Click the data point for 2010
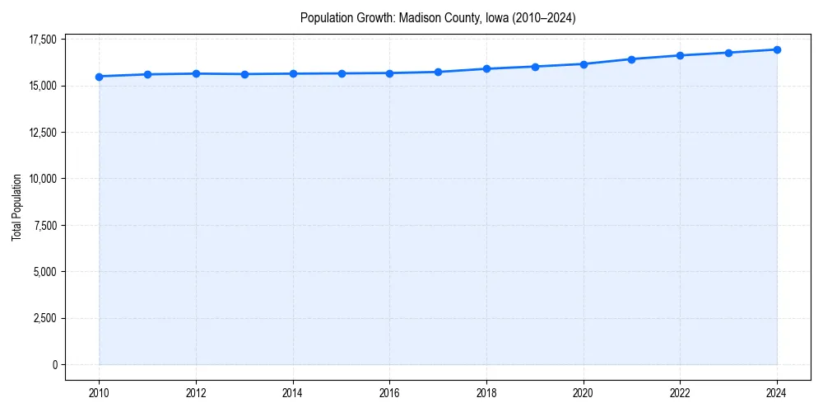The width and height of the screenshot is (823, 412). click(99, 77)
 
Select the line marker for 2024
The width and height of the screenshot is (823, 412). click(777, 49)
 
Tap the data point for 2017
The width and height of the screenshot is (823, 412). click(438, 72)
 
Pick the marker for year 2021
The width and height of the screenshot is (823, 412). click(631, 59)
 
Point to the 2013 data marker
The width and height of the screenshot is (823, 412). click(244, 74)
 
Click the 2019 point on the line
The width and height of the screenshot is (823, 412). click(535, 67)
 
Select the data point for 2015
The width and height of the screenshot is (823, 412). click(341, 73)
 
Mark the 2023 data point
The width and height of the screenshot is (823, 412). click(728, 53)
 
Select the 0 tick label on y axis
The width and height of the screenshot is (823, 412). click(54, 365)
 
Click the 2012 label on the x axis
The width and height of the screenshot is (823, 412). click(196, 393)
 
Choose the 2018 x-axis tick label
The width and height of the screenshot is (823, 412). click(486, 393)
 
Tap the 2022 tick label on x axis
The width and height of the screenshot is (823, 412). click(680, 393)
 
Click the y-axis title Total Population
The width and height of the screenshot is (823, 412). click(16, 207)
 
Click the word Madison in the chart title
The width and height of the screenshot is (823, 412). click(419, 17)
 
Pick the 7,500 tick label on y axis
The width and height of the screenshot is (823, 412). click(43, 226)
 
